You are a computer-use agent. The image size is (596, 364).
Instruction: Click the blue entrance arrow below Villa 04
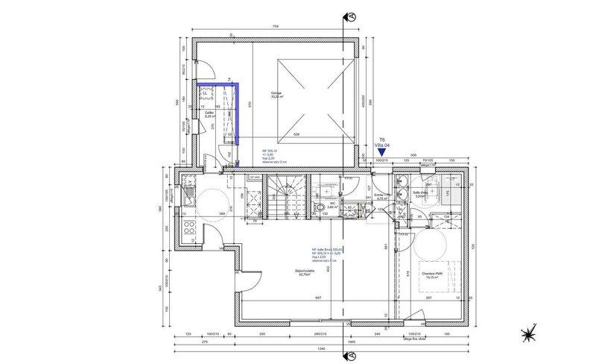coord(381,151)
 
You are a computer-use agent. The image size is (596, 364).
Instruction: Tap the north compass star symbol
coord(530,333)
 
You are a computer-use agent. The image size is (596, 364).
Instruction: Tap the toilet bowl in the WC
coord(320,207)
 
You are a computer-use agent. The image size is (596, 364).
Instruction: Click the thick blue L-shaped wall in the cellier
coord(236,112)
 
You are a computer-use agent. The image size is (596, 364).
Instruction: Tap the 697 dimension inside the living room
coord(317,298)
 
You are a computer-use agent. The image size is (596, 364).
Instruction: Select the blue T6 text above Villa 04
coord(381,139)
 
